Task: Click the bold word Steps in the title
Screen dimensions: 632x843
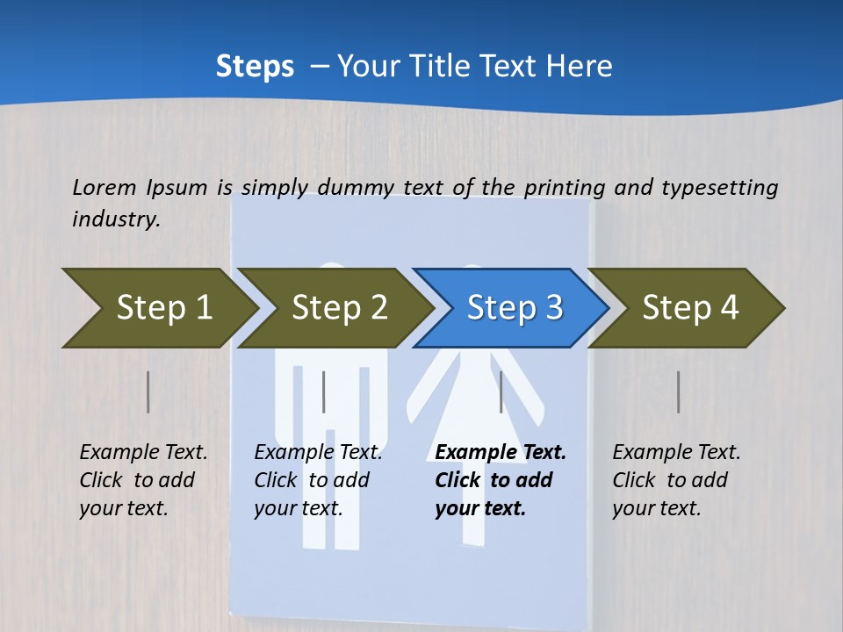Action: (255, 67)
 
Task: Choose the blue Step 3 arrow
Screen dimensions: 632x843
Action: (512, 308)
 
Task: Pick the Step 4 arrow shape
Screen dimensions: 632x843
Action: (688, 308)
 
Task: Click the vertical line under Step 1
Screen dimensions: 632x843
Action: (148, 391)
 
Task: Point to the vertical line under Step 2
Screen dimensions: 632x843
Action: (324, 391)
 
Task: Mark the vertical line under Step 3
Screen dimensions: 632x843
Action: (501, 391)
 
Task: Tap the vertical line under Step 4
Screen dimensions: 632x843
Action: (679, 391)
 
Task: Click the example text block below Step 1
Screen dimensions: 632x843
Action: (143, 480)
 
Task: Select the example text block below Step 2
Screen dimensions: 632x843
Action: (318, 480)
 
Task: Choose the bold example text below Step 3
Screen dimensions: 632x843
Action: (501, 480)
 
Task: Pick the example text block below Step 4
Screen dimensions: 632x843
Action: (676, 480)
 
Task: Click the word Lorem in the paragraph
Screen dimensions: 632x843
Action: (104, 187)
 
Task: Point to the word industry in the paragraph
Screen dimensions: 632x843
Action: (116, 219)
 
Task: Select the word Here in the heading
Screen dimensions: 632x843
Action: (582, 67)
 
